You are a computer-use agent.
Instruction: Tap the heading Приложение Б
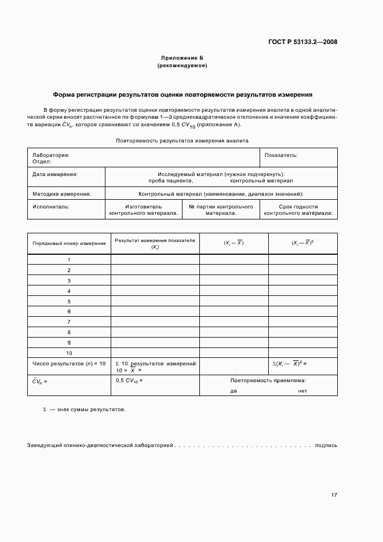click(182, 58)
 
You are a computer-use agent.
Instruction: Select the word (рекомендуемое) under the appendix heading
click(182, 66)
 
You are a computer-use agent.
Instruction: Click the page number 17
click(334, 495)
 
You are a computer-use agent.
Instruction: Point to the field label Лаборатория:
click(51, 155)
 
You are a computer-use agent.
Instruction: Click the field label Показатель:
click(281, 155)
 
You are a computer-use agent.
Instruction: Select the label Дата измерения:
click(55, 174)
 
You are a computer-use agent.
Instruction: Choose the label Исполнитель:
click(51, 206)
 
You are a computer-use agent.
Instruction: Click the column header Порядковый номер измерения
click(69, 244)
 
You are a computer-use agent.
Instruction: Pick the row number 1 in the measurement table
click(69, 260)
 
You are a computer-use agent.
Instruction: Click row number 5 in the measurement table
click(69, 302)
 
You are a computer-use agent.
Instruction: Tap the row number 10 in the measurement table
click(69, 353)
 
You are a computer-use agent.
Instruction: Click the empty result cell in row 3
click(155, 281)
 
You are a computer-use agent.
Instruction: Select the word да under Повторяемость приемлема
click(234, 391)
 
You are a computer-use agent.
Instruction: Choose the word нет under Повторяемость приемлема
click(302, 391)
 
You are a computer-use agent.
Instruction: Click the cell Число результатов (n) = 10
click(69, 364)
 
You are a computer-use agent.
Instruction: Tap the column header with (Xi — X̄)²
click(302, 243)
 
